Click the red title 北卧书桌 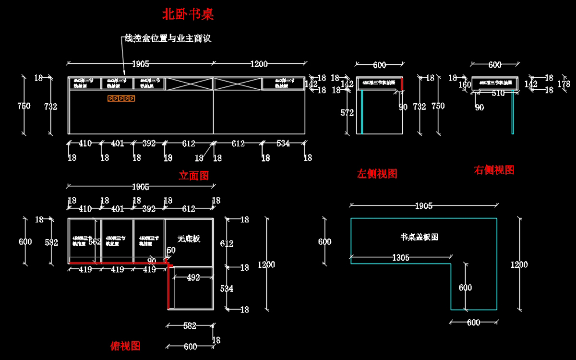point(188,14)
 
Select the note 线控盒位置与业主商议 point(168,39)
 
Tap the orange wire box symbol point(121,98)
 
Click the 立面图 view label point(193,176)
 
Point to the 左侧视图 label point(377,174)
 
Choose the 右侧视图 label point(494,170)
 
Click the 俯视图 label point(125,346)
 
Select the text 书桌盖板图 point(420,237)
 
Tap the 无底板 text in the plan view point(189,239)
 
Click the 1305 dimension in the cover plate point(401,258)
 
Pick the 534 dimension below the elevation point(283,144)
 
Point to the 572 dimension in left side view point(347,113)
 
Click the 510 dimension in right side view point(498,94)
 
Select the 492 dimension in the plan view point(193,277)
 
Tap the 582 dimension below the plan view point(190,326)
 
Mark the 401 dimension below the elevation point(118,144)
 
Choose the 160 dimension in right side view point(465,85)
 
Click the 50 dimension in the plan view point(171,251)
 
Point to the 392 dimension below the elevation point(149,144)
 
